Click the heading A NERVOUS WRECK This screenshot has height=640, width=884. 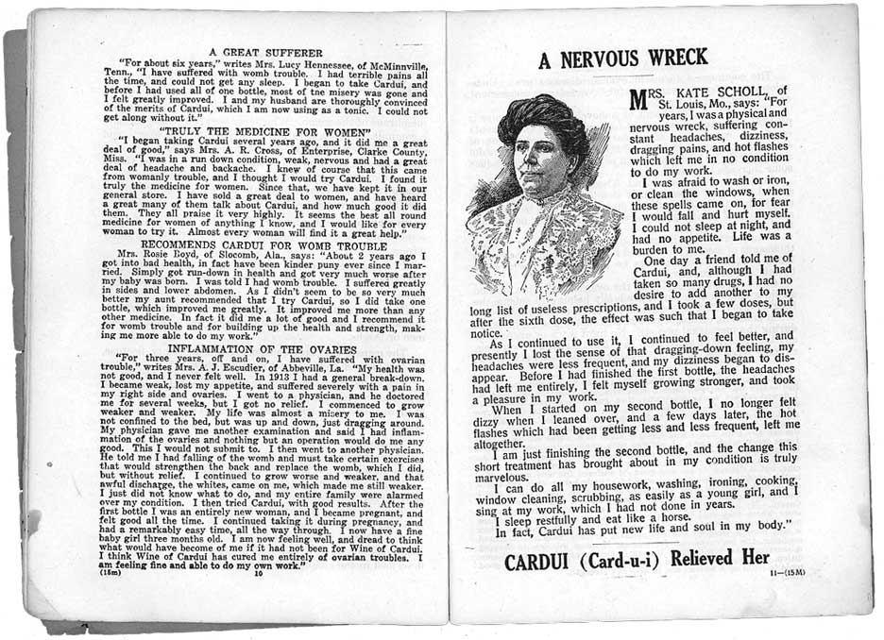[x=622, y=59]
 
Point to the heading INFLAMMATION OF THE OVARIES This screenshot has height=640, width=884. [x=264, y=348]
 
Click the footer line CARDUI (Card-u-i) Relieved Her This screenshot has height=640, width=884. [x=637, y=558]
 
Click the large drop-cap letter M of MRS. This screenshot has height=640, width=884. [x=641, y=97]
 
